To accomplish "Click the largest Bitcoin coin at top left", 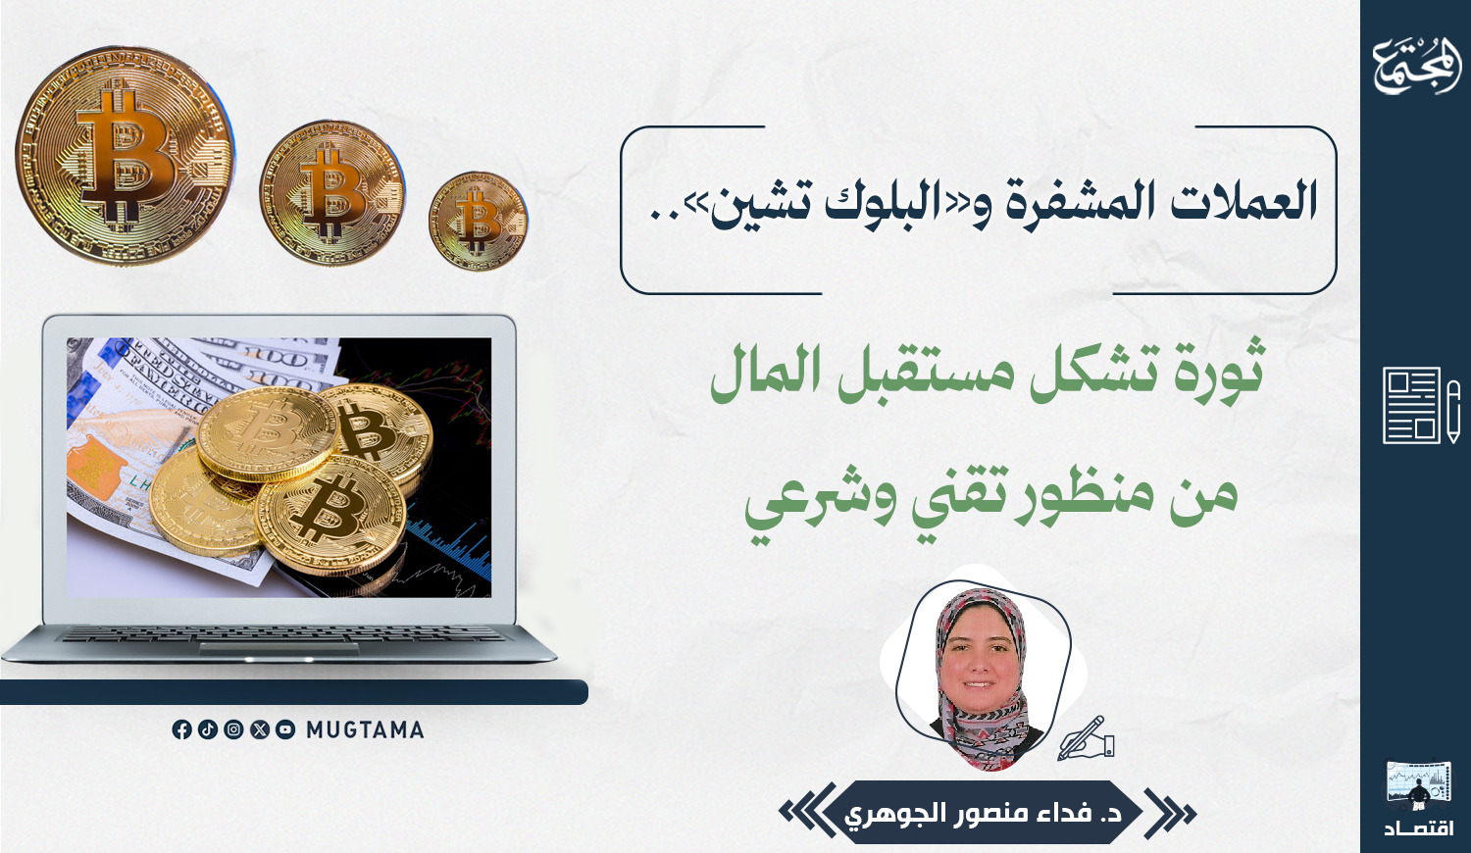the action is point(125,156).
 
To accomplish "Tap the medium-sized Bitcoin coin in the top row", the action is point(332,192).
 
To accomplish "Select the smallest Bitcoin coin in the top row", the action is point(479,221).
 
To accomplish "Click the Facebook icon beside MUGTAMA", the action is point(181,729).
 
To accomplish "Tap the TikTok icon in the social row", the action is point(208,729).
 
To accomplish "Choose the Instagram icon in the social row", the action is point(233,729).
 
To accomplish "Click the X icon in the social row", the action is point(260,729).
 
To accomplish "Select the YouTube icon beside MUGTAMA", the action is point(285,729).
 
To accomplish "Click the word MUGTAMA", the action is point(365,730).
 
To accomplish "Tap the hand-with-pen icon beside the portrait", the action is point(1085,738).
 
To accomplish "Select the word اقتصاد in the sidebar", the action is point(1419,827).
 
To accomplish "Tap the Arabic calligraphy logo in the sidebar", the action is point(1416,67).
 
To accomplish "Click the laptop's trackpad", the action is point(279,649).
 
